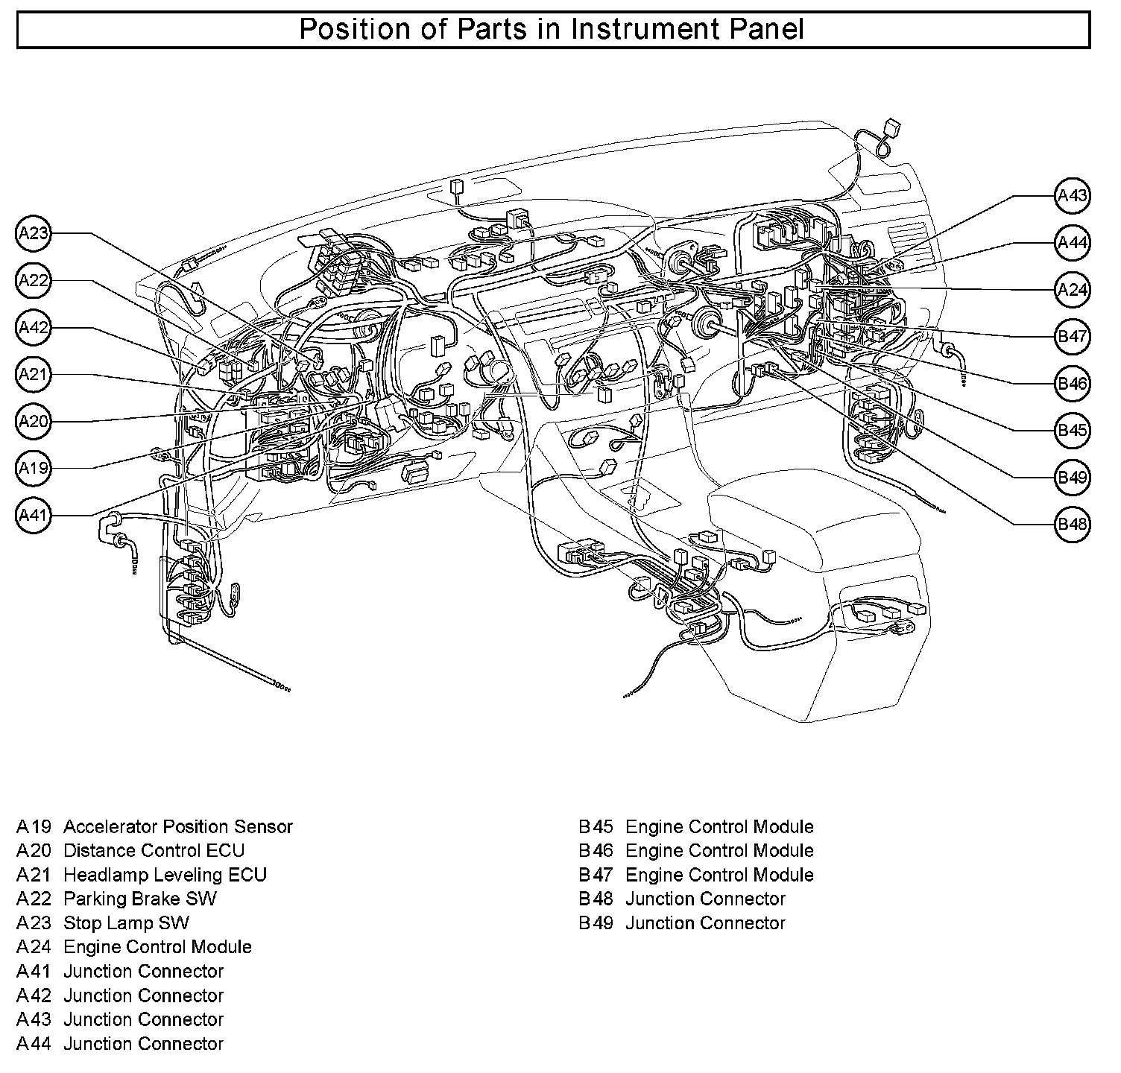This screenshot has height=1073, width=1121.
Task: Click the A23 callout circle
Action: tap(34, 233)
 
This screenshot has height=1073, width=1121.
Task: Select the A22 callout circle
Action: tap(34, 280)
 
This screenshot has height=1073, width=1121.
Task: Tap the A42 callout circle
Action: tap(34, 328)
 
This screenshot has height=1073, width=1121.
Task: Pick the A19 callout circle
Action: tap(34, 468)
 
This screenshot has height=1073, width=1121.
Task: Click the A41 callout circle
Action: tap(34, 515)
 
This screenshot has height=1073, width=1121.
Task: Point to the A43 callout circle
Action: tap(1073, 195)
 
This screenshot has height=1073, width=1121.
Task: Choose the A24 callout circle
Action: tap(1073, 289)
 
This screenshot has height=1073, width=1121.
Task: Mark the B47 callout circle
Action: tap(1073, 337)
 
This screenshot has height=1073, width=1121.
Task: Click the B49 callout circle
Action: tap(1073, 477)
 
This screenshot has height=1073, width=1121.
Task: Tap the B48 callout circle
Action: tap(1073, 524)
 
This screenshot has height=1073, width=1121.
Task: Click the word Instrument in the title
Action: tap(628, 30)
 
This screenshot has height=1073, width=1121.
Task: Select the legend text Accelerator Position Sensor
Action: tap(178, 826)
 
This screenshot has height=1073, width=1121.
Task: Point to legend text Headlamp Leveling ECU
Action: tap(165, 875)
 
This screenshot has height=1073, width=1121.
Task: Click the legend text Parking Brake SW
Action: tap(140, 899)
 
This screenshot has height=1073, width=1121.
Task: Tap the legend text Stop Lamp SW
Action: tap(126, 922)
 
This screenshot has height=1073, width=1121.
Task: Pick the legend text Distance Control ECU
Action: tap(154, 850)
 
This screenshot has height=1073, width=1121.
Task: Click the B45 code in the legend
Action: tap(596, 826)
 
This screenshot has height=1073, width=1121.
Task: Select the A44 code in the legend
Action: tap(34, 1044)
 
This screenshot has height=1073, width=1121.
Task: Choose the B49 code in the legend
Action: tap(596, 923)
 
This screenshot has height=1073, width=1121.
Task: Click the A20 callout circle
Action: tap(34, 422)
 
